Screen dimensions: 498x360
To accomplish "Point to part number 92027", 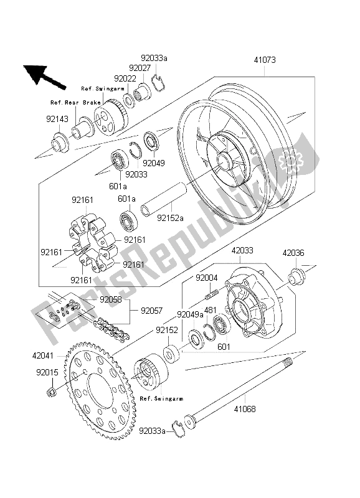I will (x=140, y=68).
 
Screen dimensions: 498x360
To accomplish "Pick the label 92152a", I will (x=170, y=218).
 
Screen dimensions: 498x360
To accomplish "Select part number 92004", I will (x=206, y=278).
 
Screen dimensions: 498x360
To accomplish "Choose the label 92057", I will (x=151, y=309).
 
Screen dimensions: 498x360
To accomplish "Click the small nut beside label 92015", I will (x=52, y=392).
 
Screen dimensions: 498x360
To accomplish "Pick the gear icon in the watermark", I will (x=288, y=164).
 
